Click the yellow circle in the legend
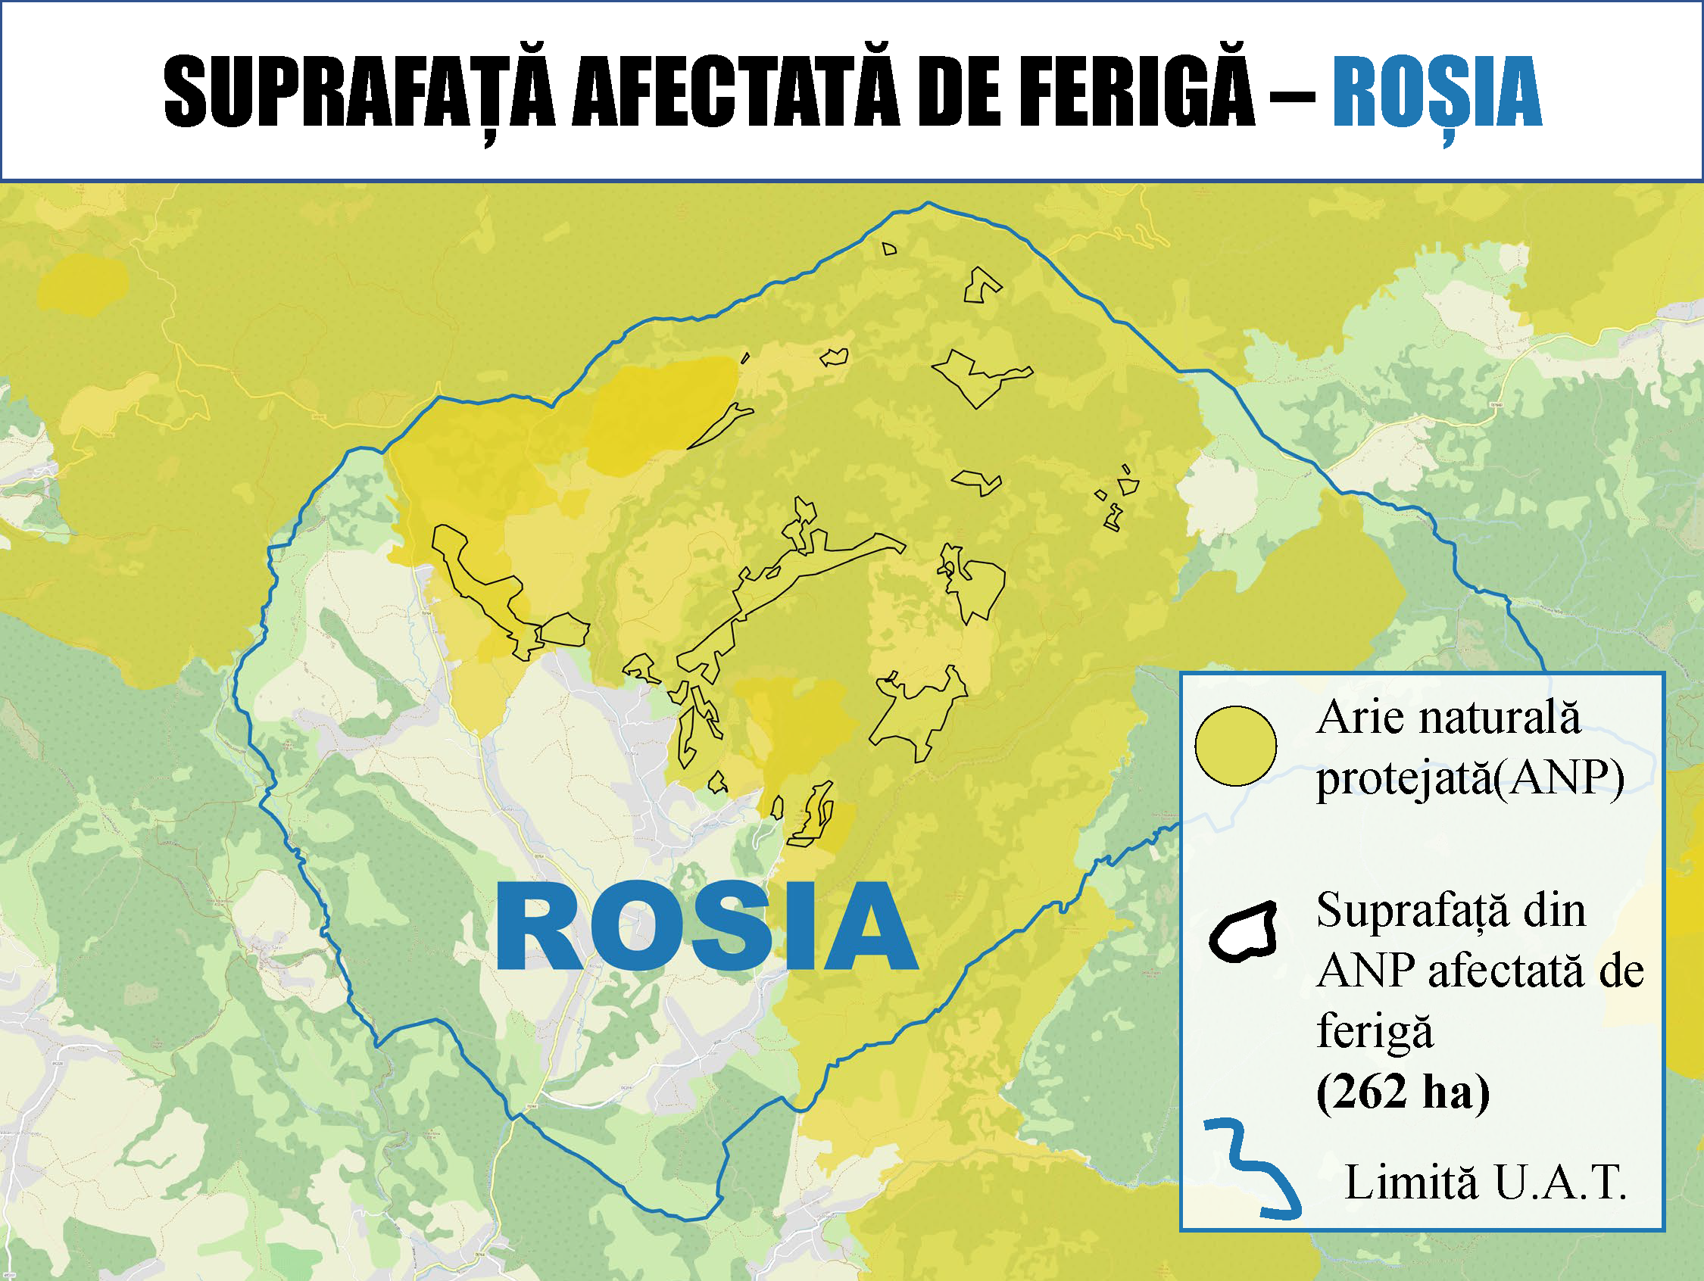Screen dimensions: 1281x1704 coord(1235,746)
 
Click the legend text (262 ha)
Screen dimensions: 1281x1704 coord(1403,1092)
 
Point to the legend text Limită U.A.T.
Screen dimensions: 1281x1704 coord(1485,1183)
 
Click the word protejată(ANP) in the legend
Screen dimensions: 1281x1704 coord(1470,779)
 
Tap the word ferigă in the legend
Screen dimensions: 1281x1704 coord(1375,1032)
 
